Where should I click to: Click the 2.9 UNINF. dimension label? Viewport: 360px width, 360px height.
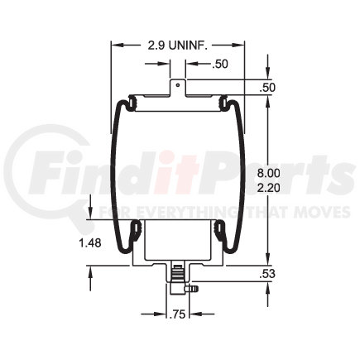(178, 46)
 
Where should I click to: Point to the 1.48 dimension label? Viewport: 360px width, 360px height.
(90, 243)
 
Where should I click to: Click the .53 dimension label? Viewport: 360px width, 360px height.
(267, 274)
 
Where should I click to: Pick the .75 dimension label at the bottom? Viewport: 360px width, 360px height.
(178, 314)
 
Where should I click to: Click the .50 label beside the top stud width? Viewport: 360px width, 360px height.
(220, 64)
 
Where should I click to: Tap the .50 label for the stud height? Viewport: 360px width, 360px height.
(267, 88)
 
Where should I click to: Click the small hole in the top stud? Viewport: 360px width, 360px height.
(178, 84)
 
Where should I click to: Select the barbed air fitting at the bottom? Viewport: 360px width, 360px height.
(191, 289)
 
